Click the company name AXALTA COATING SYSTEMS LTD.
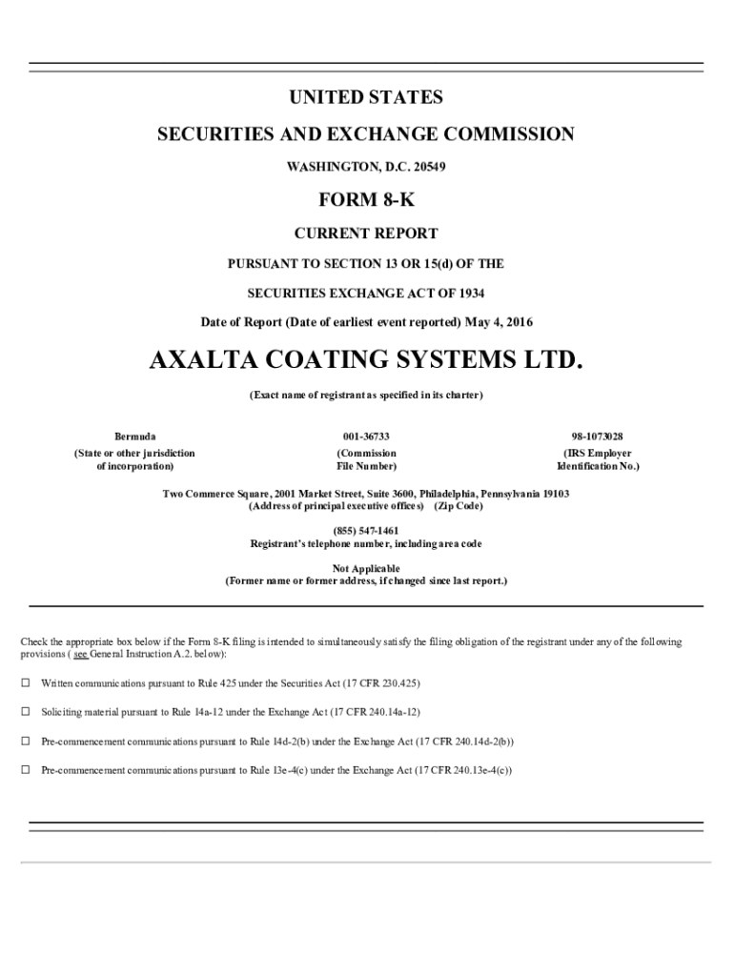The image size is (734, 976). tap(366, 361)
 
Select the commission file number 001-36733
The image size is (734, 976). tap(366, 436)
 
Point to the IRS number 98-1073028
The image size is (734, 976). tap(598, 436)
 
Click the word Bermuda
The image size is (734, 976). tap(134, 436)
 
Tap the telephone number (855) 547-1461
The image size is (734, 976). tap(366, 530)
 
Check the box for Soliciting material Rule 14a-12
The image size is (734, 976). tap(26, 712)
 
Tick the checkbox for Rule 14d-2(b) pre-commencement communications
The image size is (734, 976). tap(26, 741)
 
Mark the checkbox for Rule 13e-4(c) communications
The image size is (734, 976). tap(26, 769)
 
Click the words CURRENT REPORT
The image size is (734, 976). tap(366, 234)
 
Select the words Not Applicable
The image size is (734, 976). tap(366, 568)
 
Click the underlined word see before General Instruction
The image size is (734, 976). tap(80, 657)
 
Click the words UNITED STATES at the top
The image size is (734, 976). tap(366, 98)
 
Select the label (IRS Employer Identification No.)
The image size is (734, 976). tap(598, 459)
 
